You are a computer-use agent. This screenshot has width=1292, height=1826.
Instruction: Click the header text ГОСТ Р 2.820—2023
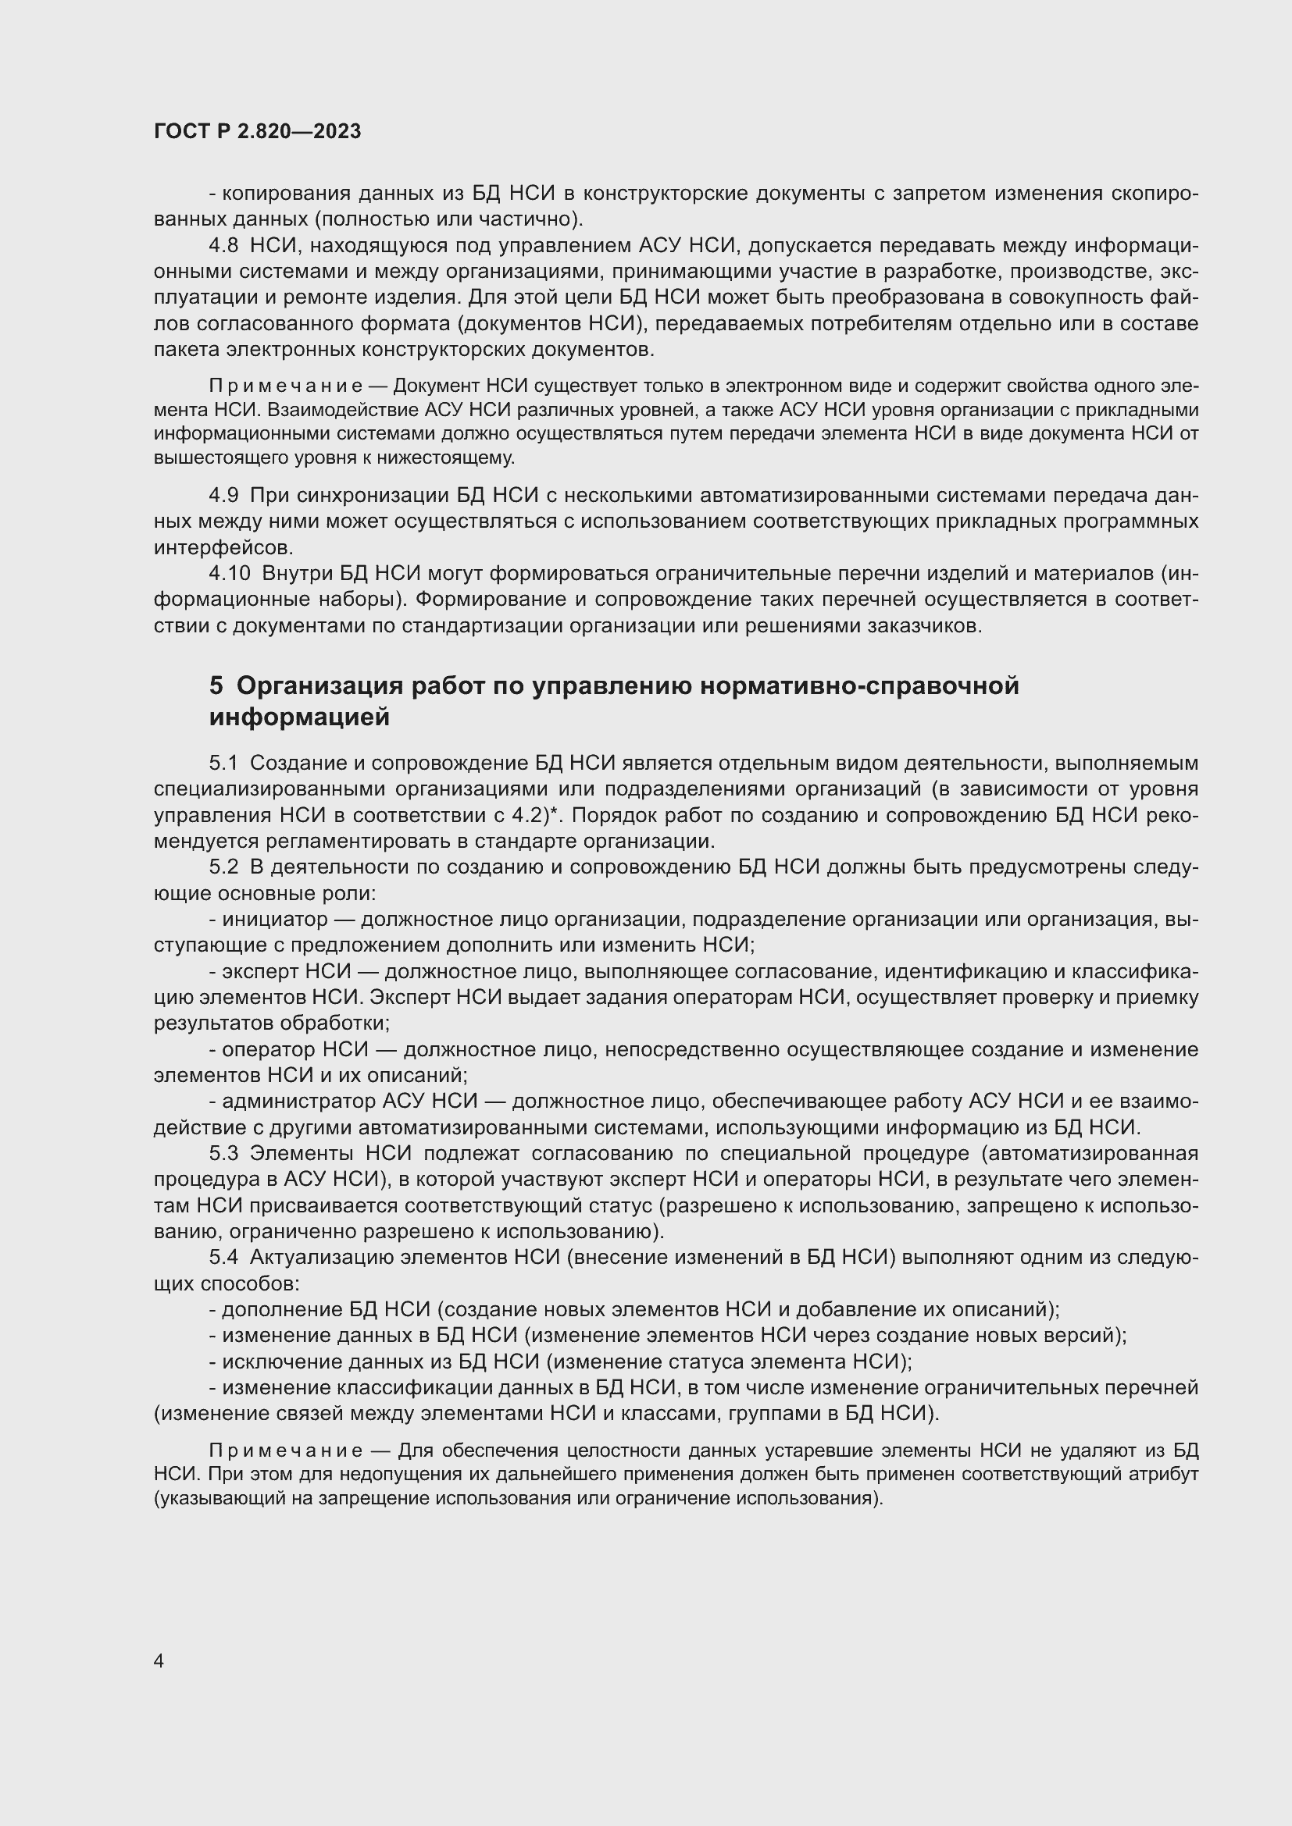pos(257,132)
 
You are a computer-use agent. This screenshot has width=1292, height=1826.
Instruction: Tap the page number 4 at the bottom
pos(159,1661)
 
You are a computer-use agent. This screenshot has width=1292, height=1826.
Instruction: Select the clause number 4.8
pos(223,246)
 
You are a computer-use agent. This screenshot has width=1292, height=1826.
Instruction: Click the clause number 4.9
pos(223,496)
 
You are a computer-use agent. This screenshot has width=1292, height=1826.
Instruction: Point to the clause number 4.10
pos(230,574)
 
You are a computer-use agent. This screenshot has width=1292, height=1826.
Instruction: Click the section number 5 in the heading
pos(216,685)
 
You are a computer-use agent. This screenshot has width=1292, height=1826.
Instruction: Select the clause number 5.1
pos(223,764)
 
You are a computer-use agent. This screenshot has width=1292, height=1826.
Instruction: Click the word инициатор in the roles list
pos(274,920)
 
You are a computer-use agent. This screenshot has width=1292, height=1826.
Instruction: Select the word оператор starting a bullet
pos(268,1050)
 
